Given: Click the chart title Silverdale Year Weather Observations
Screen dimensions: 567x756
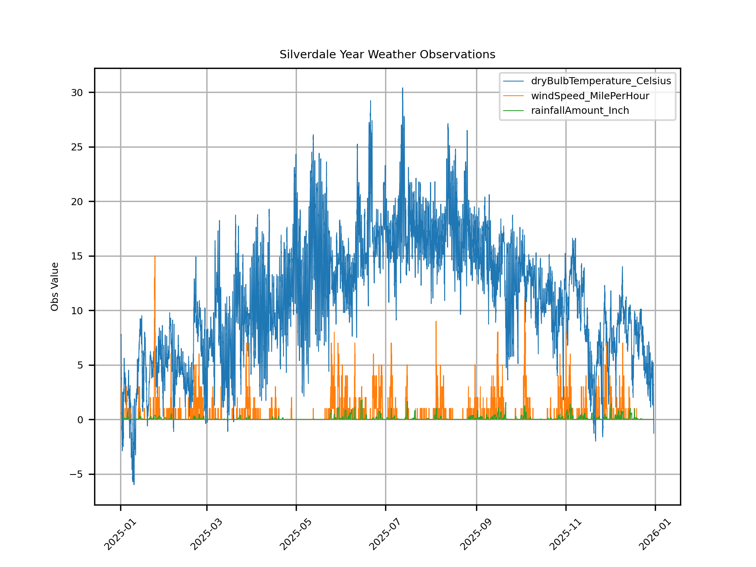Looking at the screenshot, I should point(387,54).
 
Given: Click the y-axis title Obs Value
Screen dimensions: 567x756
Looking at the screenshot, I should point(55,286).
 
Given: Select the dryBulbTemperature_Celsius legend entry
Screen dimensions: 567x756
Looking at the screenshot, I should point(600,81).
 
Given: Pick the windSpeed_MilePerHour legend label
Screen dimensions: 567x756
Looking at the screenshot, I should point(590,96).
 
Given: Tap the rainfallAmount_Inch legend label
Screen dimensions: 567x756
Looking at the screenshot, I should point(580,111).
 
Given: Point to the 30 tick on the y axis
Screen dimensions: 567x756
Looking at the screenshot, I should point(77,93).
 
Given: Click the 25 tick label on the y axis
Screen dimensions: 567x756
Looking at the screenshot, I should point(77,147).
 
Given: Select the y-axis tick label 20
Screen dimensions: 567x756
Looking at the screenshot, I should point(77,202).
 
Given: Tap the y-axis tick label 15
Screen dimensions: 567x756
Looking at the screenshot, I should point(77,256).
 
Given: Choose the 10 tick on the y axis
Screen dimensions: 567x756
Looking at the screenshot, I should point(77,311).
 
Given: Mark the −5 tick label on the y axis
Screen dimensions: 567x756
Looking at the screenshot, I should point(76,474).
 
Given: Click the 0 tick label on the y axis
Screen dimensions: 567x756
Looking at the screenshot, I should point(80,420).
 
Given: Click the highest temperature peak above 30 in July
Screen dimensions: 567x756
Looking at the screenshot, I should point(402,88).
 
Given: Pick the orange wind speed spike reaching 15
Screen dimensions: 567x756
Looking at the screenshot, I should point(155,257).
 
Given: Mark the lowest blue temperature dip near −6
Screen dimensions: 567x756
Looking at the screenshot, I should point(134,484).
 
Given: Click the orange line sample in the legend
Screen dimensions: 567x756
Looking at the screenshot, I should point(513,96).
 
